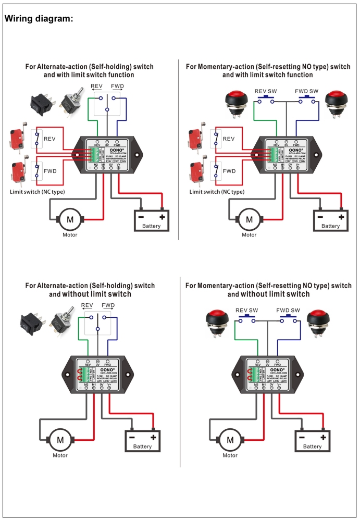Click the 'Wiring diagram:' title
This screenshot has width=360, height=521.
(x=38, y=19)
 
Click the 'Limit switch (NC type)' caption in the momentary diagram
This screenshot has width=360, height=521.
(x=217, y=192)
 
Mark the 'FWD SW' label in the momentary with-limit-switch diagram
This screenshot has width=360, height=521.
(x=306, y=91)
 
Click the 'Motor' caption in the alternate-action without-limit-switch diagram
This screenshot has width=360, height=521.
(x=60, y=455)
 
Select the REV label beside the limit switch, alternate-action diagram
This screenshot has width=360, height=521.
(x=49, y=139)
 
